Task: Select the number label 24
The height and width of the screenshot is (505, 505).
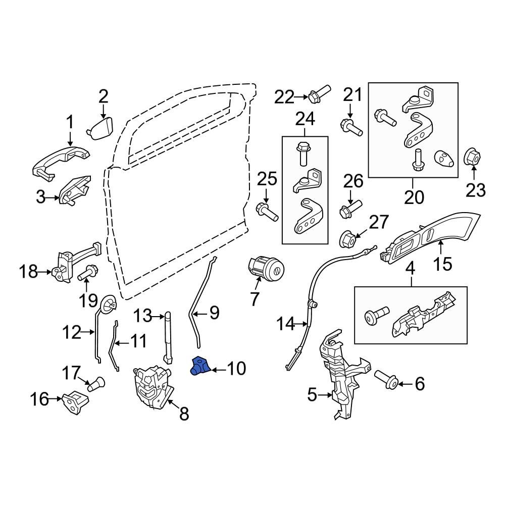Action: [x=305, y=119]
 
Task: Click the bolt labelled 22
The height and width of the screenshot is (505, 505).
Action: [x=318, y=94]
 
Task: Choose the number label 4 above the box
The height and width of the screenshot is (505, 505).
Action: [x=411, y=269]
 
